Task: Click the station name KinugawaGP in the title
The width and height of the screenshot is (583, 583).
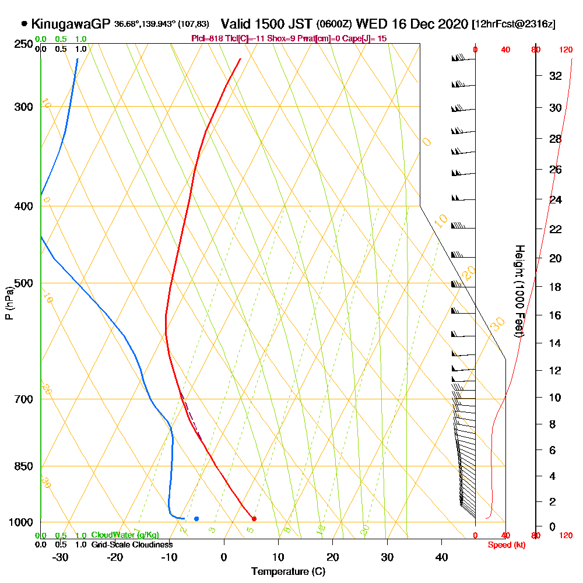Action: coord(70,24)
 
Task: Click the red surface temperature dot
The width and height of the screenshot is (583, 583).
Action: coord(254,518)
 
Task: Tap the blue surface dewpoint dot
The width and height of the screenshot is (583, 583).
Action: coord(196,518)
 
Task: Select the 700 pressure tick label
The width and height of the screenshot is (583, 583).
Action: coord(24,399)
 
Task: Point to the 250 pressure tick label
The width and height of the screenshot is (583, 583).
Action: coord(24,44)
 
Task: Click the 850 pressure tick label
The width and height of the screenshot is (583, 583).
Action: coord(24,466)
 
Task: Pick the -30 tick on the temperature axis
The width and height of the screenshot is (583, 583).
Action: coord(61,557)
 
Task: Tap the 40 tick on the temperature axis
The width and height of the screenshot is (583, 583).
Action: coord(441,557)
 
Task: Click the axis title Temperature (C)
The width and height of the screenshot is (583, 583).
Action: coord(288,571)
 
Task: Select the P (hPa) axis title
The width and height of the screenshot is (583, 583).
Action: coord(9,303)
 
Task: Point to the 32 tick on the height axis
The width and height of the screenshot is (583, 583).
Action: coord(556,76)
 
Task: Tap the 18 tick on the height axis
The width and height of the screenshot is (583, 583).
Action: coord(556,287)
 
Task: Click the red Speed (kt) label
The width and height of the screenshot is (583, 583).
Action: coord(505,545)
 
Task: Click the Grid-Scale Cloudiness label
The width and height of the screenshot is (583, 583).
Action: coord(132,545)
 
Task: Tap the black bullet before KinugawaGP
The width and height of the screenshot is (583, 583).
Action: coord(24,24)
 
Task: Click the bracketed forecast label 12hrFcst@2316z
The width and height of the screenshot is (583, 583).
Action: coord(514,24)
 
